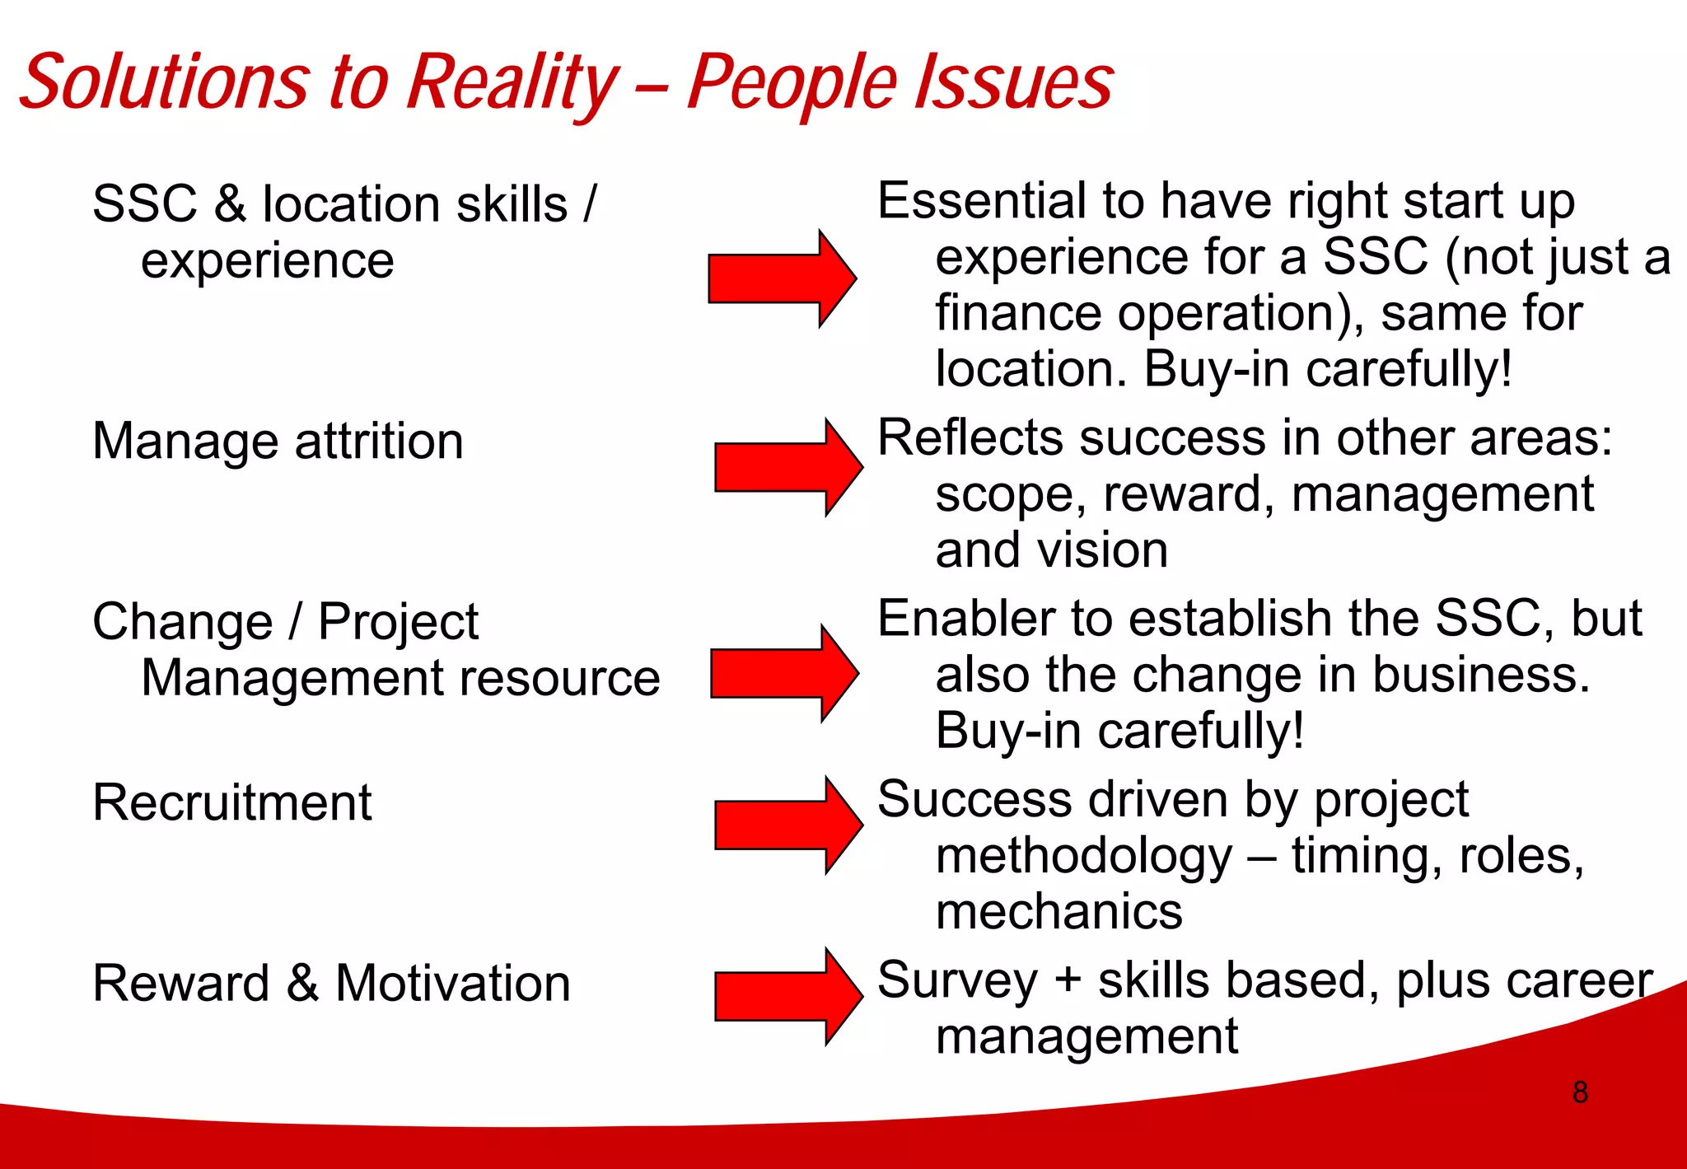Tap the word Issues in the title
pos(1014,82)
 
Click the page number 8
pos(1580,1092)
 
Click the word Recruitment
pos(232,802)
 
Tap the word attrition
pos(379,442)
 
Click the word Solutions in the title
pos(165,82)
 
